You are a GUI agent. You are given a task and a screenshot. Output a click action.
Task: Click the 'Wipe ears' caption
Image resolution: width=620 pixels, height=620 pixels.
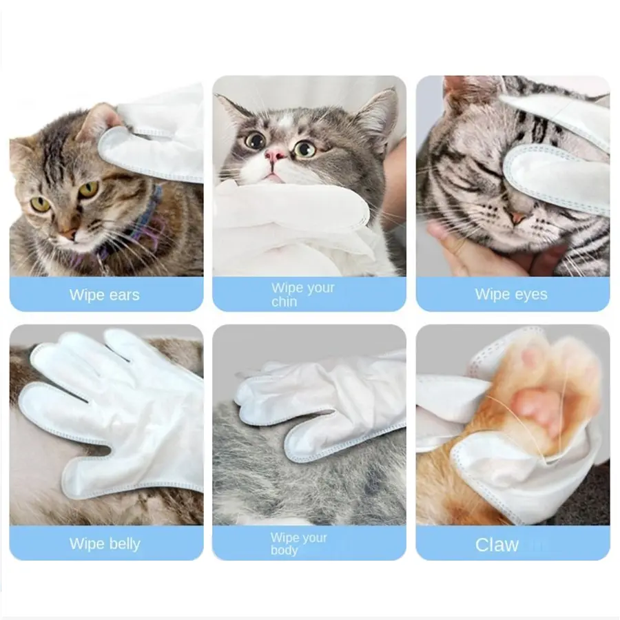[x=105, y=295]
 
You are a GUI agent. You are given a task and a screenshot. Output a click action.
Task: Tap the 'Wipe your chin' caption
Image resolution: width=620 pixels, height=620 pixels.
[x=303, y=295]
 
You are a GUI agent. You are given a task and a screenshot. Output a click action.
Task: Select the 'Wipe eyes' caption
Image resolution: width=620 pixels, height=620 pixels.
[x=511, y=294]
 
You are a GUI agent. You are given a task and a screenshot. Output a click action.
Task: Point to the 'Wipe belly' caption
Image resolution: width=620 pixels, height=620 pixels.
[x=105, y=544]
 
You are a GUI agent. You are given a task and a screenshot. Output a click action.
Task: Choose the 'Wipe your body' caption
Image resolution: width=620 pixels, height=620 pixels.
[x=298, y=544]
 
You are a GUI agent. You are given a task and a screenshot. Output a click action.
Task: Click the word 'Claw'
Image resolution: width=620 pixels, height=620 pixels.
[x=497, y=545]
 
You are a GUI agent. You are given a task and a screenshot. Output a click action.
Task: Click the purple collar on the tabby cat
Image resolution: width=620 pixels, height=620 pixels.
[x=134, y=225]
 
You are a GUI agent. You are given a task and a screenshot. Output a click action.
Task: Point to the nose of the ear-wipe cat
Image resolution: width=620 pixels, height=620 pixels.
[x=68, y=234]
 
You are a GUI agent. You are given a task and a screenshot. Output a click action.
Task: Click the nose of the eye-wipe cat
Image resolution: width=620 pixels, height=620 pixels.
[x=516, y=218]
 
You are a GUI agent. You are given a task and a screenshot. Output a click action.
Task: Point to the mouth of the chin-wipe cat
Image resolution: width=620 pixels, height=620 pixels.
[x=271, y=175]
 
